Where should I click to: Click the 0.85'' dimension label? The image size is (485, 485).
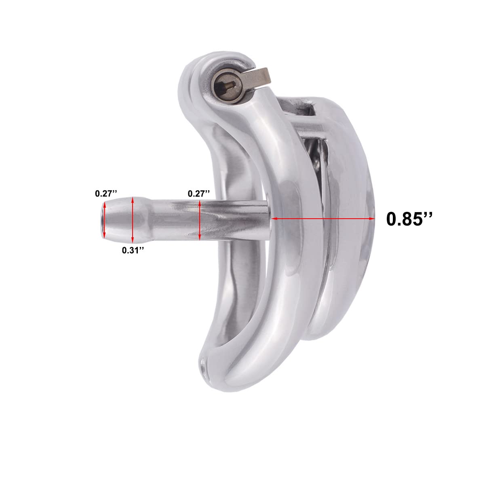[409, 219]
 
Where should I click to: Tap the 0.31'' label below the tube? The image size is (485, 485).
[133, 250]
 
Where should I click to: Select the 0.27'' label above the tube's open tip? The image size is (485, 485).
[106, 194]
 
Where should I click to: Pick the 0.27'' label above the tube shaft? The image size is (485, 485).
[199, 194]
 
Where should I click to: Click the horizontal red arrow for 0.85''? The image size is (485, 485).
[323, 219]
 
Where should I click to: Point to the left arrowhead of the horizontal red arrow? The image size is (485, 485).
[274, 219]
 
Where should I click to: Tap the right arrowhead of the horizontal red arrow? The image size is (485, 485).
[372, 219]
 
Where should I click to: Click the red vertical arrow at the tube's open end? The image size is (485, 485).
[105, 221]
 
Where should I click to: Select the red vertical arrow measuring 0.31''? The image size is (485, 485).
[133, 220]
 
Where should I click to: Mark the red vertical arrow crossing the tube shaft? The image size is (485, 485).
[200, 220]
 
